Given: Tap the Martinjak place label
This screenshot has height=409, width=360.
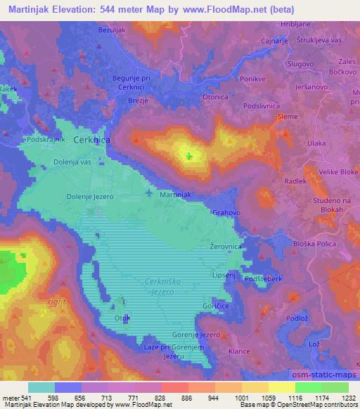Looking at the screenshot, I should pos(176,194).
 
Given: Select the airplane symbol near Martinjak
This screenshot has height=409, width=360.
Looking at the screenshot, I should pos(148,191).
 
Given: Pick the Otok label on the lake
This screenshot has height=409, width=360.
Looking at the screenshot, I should pos(122,317).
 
